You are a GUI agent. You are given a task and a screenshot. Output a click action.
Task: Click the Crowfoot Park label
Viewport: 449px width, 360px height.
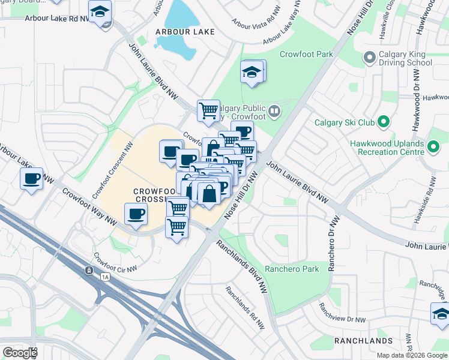point(306,55)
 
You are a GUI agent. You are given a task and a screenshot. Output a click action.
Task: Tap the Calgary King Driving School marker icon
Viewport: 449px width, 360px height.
point(369,58)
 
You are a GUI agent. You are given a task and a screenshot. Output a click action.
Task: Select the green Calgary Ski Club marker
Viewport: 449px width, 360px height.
point(382,123)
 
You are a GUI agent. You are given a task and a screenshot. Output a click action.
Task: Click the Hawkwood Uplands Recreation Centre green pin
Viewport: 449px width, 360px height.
point(433,145)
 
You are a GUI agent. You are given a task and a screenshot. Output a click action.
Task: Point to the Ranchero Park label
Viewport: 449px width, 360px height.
point(292,269)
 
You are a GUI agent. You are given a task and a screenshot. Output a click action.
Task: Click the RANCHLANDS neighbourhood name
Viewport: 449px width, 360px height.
point(363,341)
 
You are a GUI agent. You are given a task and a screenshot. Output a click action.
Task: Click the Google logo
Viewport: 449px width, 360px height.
point(20,353)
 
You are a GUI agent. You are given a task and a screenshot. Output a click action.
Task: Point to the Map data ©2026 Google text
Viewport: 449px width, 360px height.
point(411,355)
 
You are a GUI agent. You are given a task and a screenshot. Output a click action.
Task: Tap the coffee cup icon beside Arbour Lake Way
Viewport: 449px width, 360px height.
point(31,178)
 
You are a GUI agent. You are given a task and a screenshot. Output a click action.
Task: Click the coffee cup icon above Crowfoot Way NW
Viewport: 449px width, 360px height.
point(136,214)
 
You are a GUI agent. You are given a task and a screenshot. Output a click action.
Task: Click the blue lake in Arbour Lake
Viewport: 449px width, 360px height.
point(180,30)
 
